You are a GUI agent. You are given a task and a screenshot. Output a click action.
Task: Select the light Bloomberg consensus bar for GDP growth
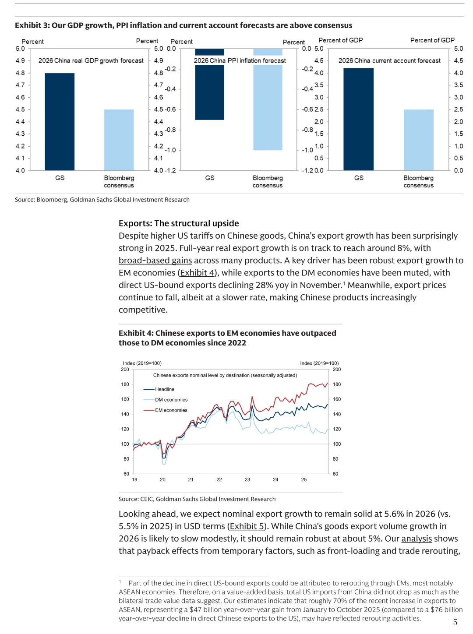tap(119, 140)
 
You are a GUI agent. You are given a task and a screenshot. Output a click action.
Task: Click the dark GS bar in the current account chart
tap(358, 119)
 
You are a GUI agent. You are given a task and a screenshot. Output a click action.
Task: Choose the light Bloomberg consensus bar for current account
tap(418, 140)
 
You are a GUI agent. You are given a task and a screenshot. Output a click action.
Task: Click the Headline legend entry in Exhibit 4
tap(164, 389)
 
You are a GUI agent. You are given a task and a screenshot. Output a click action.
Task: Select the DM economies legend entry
tap(171, 400)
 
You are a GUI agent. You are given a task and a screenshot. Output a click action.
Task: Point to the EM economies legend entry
tap(171, 410)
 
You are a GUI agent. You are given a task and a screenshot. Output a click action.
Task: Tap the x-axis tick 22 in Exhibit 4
tap(219, 479)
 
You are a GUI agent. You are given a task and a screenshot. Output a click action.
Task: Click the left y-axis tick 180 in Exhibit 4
tap(125, 384)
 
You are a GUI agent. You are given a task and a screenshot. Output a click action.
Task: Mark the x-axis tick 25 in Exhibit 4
tap(304, 479)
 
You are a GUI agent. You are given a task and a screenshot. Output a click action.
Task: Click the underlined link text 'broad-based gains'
tap(155, 261)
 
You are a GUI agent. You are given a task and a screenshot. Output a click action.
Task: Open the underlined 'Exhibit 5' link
tap(247, 526)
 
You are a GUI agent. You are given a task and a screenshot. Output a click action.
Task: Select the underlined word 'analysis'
tap(417, 539)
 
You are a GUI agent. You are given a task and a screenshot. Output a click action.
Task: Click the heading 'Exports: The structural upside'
tap(179, 223)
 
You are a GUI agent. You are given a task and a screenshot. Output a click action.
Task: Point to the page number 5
tap(455, 622)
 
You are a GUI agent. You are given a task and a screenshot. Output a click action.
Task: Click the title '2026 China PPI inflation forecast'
tap(240, 61)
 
